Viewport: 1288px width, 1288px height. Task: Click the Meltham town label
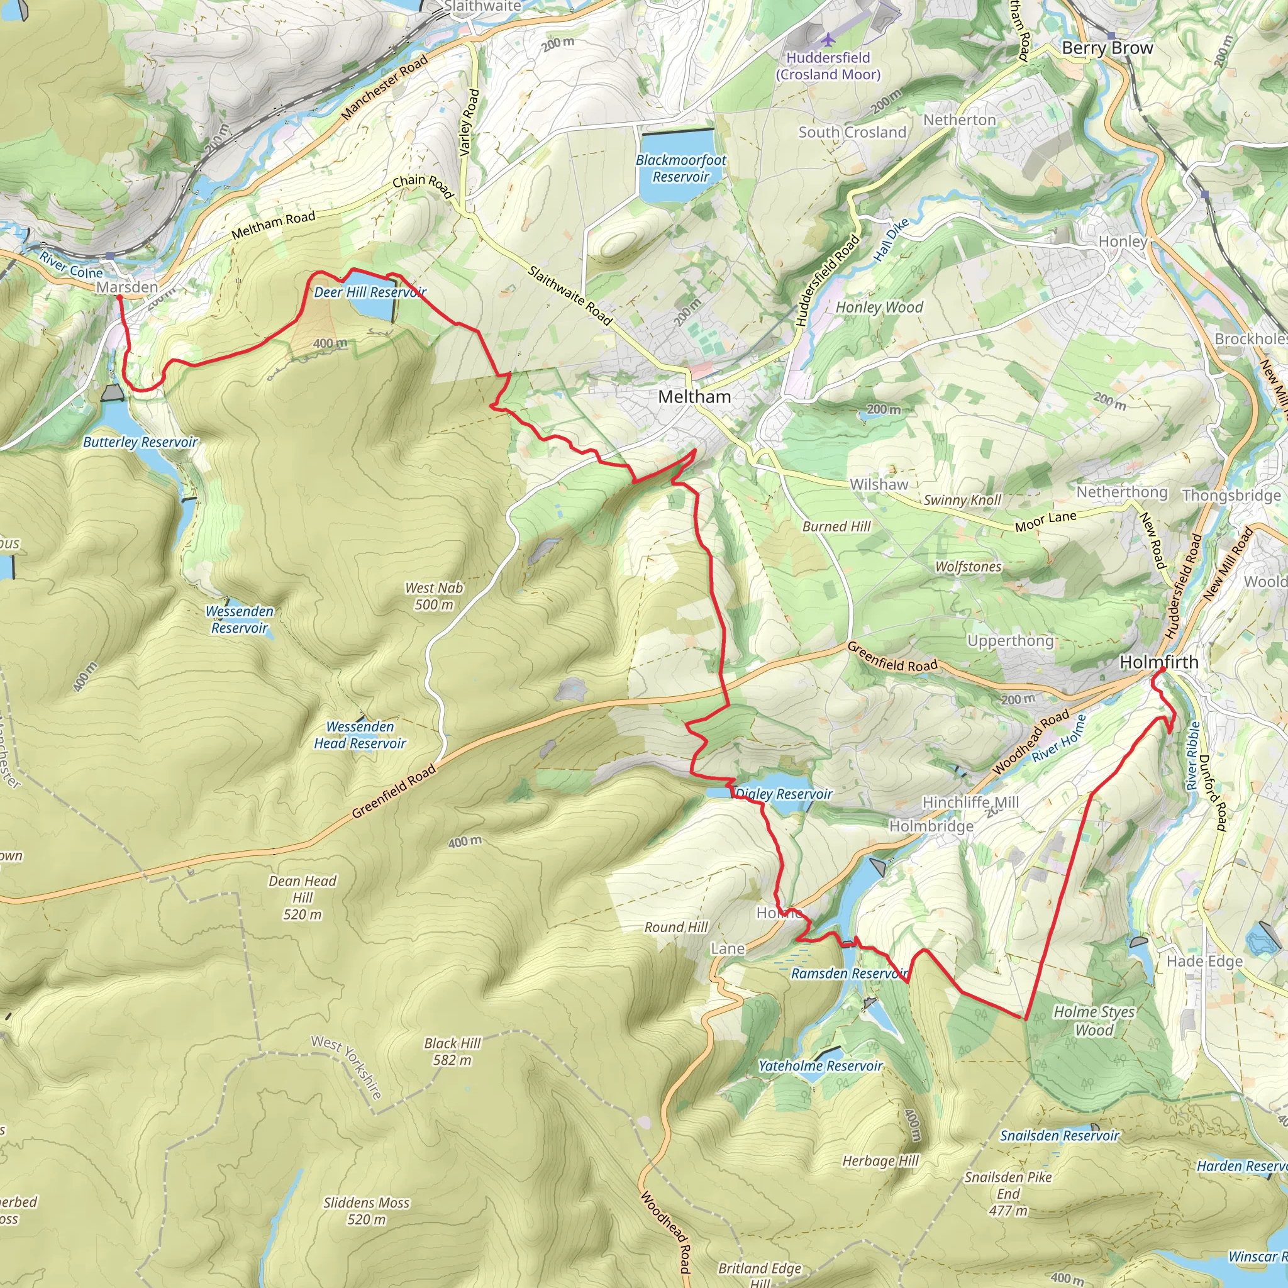pyautogui.click(x=694, y=397)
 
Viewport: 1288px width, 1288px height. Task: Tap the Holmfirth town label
pyautogui.click(x=1158, y=662)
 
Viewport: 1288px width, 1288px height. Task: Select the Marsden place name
pyautogui.click(x=126, y=287)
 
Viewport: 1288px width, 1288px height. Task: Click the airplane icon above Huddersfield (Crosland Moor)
pyautogui.click(x=828, y=40)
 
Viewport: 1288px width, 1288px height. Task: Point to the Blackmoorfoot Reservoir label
pyautogui.click(x=680, y=168)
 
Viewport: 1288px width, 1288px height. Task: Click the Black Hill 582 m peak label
pyautogui.click(x=452, y=1052)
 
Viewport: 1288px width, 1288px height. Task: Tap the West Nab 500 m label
pyautogui.click(x=433, y=596)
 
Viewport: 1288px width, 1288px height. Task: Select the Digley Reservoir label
pyautogui.click(x=784, y=794)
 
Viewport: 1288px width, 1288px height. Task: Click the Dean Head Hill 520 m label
pyautogui.click(x=302, y=897)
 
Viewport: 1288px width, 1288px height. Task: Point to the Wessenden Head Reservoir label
pyautogui.click(x=359, y=735)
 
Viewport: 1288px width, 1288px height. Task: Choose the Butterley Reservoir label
pyautogui.click(x=140, y=442)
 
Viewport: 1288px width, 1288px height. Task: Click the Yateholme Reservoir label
pyautogui.click(x=820, y=1066)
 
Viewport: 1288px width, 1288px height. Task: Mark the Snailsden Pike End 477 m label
pyautogui.click(x=1008, y=1193)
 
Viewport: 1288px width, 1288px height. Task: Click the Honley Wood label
pyautogui.click(x=879, y=308)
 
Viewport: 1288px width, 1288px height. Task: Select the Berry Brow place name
pyautogui.click(x=1107, y=48)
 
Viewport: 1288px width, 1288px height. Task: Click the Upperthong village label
pyautogui.click(x=1010, y=641)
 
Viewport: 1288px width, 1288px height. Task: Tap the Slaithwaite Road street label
pyautogui.click(x=569, y=295)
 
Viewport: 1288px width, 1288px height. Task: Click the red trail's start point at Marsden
pyautogui.click(x=119, y=297)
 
